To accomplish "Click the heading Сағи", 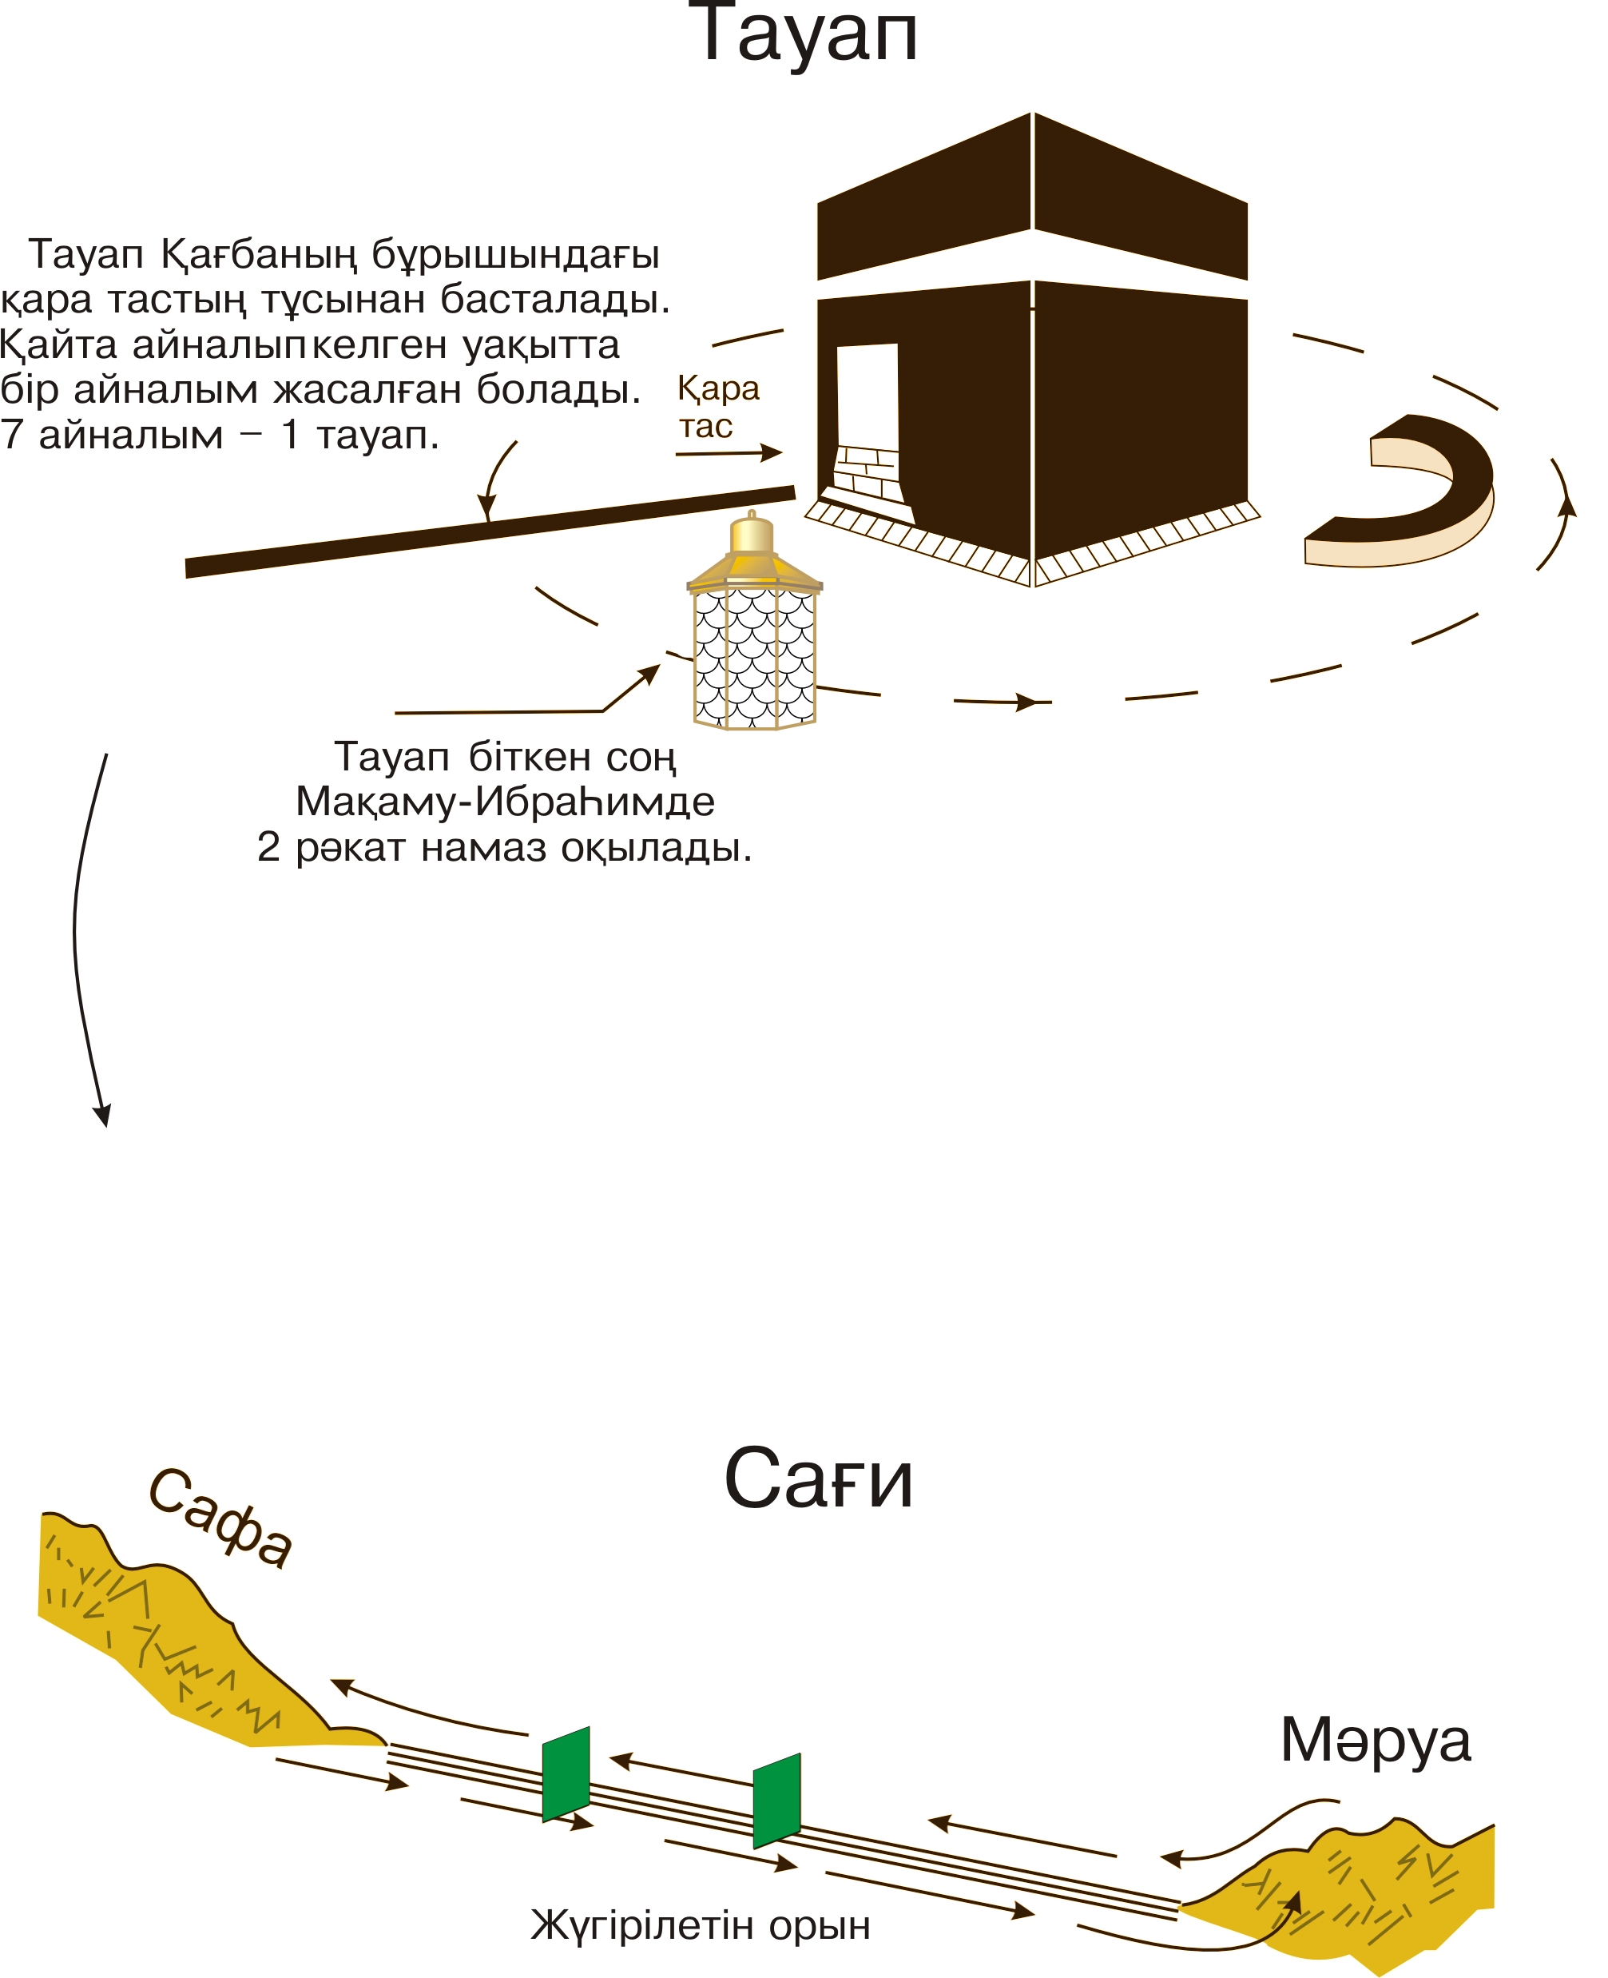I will click(x=818, y=1479).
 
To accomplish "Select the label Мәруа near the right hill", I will click(x=1375, y=1740).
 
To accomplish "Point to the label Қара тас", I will click(x=717, y=407).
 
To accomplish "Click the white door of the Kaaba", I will click(x=867, y=398).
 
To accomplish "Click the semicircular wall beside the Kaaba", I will click(x=1417, y=491).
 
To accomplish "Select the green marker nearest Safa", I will click(x=566, y=1773).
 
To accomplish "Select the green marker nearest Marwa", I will click(x=776, y=1800).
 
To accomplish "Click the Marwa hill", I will click(x=1371, y=1890).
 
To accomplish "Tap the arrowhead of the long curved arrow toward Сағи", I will click(x=103, y=1116).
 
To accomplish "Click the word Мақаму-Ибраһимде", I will click(x=505, y=802).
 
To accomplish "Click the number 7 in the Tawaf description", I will click(x=11, y=436).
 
